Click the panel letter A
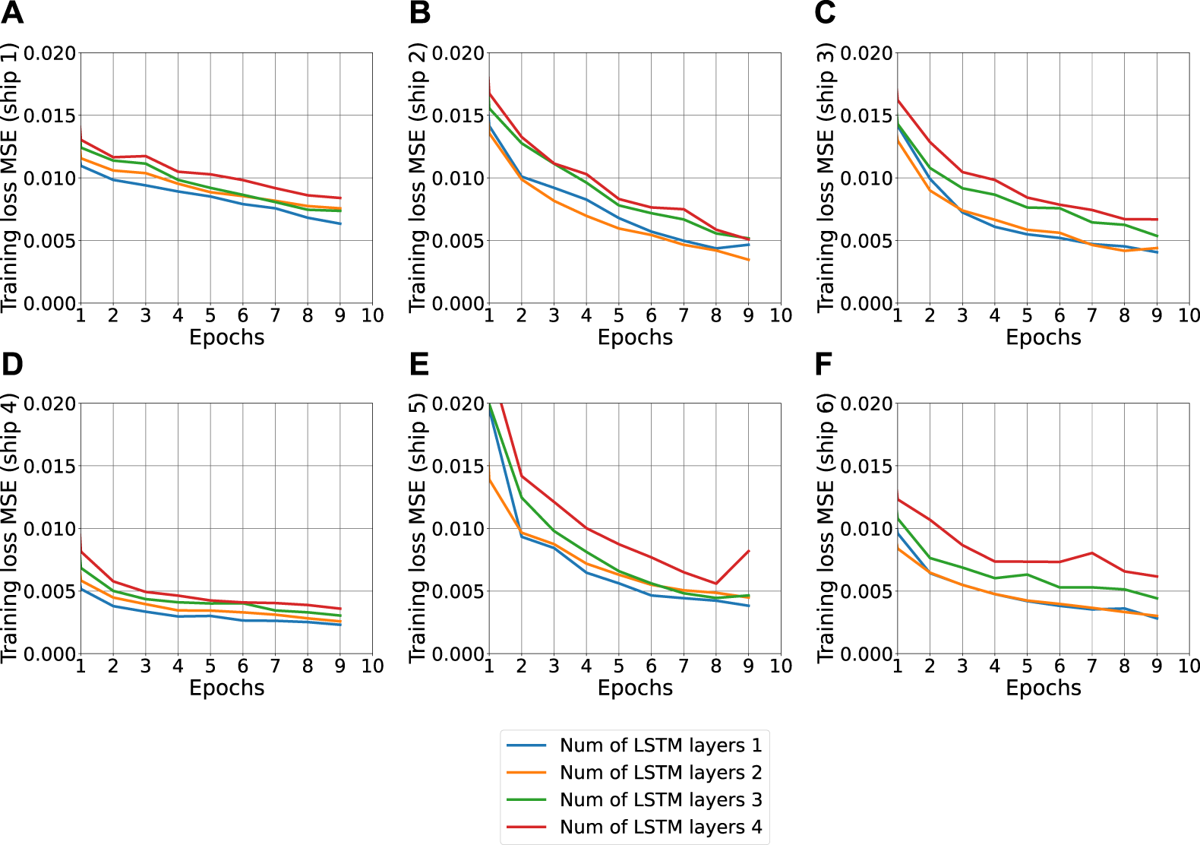(12, 13)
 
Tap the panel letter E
(419, 364)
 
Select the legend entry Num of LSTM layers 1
(660, 745)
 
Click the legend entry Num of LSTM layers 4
(660, 827)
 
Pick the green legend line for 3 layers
(526, 799)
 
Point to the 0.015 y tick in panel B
(458, 116)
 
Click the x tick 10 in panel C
(1189, 315)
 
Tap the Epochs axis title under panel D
(226, 688)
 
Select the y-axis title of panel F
(826, 528)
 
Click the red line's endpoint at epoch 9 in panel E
(749, 551)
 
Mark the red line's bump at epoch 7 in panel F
(1092, 553)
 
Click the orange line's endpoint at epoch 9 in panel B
(749, 260)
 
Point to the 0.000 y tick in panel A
(50, 303)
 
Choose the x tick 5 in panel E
(618, 666)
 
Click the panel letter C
(825, 13)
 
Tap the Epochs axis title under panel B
(635, 337)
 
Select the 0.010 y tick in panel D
(50, 528)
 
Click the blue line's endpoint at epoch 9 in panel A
(340, 223)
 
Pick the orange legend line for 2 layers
(526, 772)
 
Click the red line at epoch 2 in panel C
(930, 141)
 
